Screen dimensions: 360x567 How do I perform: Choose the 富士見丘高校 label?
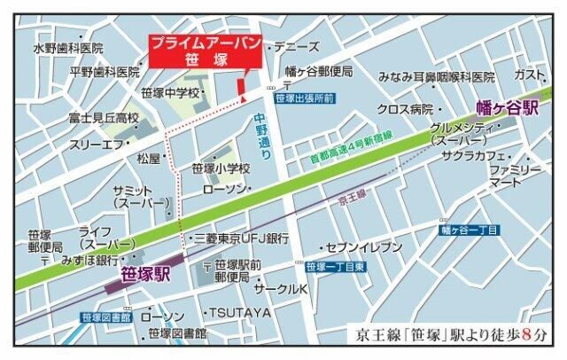coord(105,118)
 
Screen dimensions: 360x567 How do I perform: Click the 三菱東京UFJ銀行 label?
coord(241,239)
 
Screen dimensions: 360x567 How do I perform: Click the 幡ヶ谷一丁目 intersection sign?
coord(470,231)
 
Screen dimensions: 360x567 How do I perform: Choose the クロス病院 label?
coord(404,109)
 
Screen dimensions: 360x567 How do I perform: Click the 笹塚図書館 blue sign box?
coord(105,317)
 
